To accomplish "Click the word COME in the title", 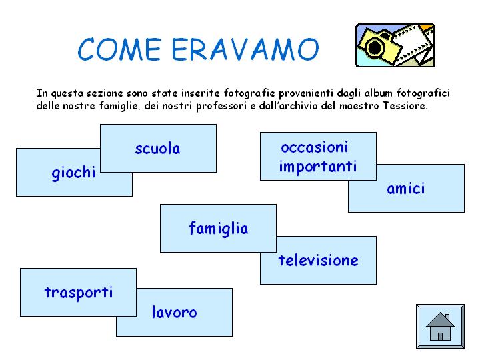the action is tap(120, 49).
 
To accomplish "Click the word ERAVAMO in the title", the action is tap(245, 49).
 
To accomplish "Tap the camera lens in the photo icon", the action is tap(375, 47).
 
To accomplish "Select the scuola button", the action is tap(158, 148).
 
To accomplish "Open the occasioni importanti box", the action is tap(318, 156).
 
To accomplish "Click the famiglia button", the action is tap(218, 229).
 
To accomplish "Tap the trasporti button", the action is tap(79, 293).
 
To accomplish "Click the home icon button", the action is tap(440, 326).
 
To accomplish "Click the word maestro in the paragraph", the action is tap(359, 106).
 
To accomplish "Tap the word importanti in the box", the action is tap(318, 167).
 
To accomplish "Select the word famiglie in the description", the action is tap(119, 106).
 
